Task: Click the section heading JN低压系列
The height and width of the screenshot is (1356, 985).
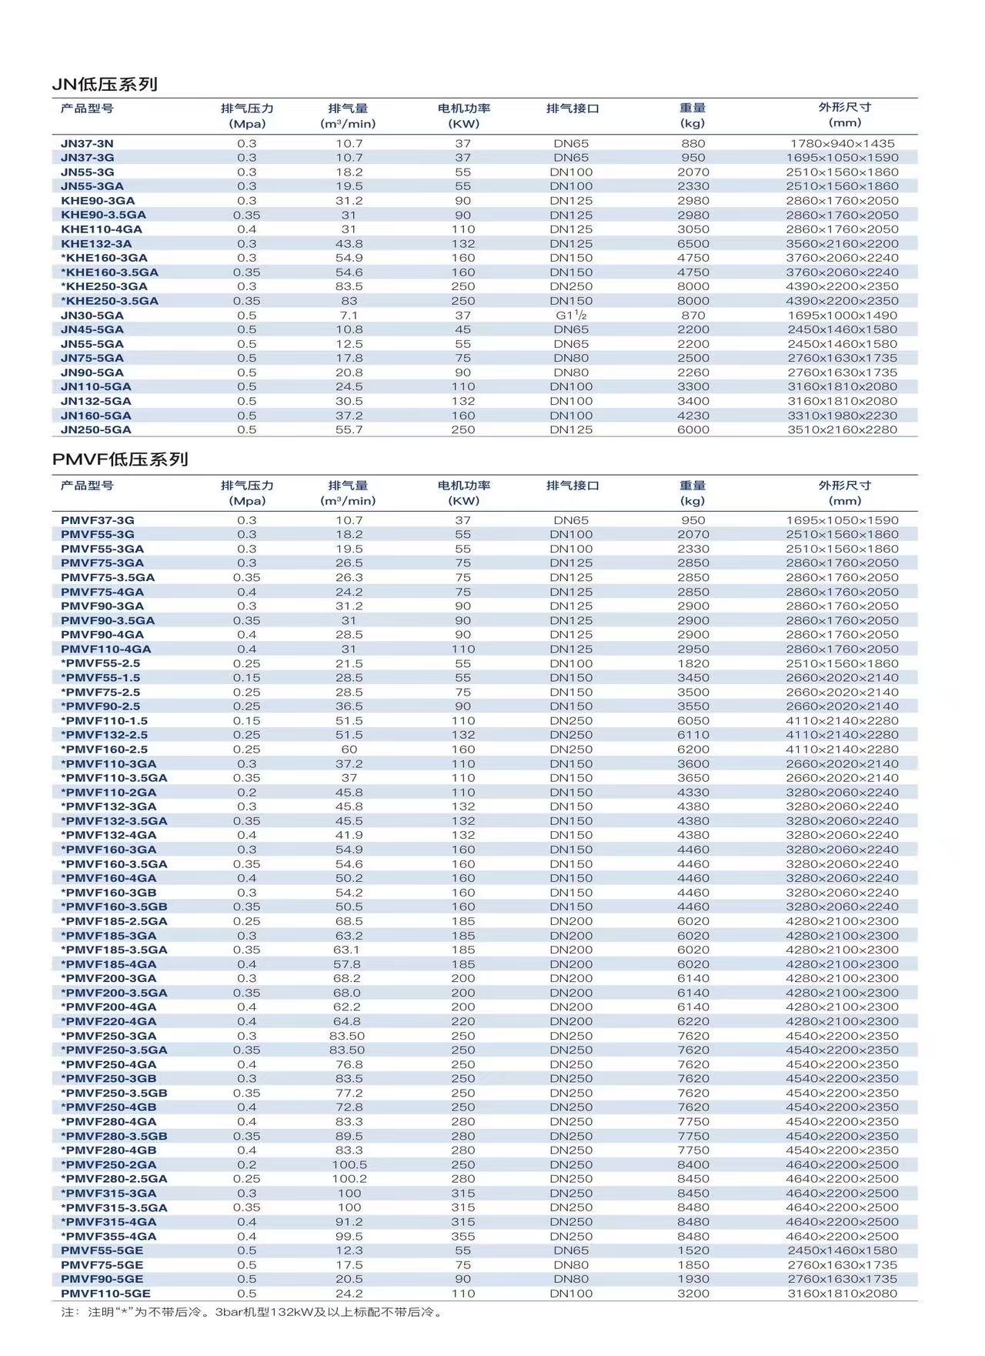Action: [x=105, y=85]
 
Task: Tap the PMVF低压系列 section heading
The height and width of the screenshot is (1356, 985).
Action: [x=120, y=459]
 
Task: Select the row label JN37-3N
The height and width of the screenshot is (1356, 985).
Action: [x=87, y=143]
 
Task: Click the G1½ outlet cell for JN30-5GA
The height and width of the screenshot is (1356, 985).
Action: [x=571, y=315]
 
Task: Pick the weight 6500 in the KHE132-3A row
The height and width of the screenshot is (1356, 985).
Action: [x=693, y=244]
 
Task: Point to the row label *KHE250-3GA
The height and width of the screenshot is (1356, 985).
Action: [x=104, y=286]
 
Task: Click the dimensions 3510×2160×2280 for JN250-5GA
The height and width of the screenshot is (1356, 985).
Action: [x=842, y=429]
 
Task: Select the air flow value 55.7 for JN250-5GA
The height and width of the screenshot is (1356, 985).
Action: [x=349, y=429]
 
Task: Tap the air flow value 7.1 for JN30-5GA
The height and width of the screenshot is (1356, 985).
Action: [x=349, y=316]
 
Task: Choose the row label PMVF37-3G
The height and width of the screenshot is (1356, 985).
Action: [x=97, y=520]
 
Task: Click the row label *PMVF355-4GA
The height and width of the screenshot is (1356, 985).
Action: [x=109, y=1236]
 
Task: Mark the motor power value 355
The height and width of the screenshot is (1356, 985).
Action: [x=463, y=1236]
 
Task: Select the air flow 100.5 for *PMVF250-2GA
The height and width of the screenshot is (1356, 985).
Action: [x=349, y=1164]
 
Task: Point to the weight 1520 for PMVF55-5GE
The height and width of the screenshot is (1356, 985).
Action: [x=693, y=1251]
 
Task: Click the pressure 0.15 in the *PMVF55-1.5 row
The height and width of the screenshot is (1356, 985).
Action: [x=246, y=678]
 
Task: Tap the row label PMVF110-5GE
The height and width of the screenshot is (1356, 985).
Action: [x=105, y=1294]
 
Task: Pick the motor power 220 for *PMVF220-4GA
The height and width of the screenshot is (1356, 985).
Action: [x=463, y=1021]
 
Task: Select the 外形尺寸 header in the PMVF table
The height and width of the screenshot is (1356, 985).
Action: [x=844, y=486]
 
